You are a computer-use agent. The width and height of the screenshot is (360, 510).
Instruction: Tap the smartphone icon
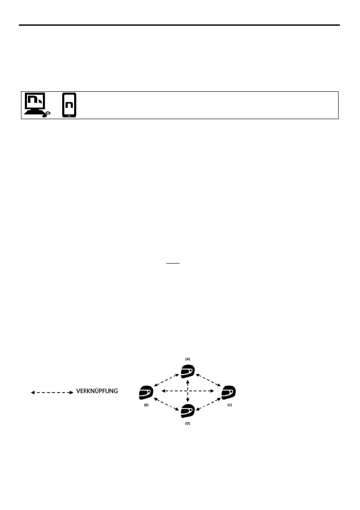(x=69, y=105)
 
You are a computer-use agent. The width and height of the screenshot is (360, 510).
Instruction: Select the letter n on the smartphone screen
(x=69, y=105)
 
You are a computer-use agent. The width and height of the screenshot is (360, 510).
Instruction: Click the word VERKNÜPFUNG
(x=97, y=391)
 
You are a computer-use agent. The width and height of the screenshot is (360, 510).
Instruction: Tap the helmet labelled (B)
(x=146, y=392)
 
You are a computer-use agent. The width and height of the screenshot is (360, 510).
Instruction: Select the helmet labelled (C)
(x=229, y=392)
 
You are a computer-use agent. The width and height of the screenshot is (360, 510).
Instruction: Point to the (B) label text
(x=146, y=404)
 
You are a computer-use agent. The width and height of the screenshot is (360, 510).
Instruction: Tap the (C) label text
(x=229, y=404)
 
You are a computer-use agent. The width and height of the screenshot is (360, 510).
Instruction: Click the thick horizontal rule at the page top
(x=180, y=25)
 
